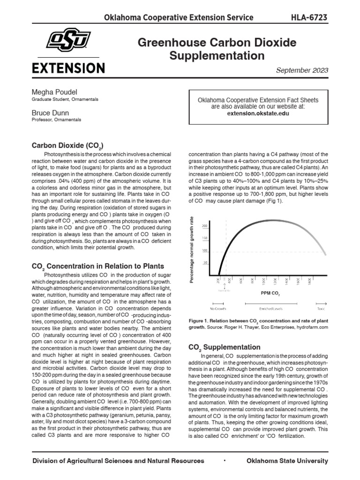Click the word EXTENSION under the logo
point(68,68)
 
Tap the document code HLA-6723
point(309,18)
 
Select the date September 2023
point(302,70)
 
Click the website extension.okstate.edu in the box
point(258,113)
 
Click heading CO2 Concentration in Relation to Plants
point(98,266)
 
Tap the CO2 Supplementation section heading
point(224,347)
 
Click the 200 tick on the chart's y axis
point(204,226)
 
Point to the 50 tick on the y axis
point(205,263)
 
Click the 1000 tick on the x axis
point(264,281)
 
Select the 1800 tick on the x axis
point(310,281)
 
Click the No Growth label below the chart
point(218,309)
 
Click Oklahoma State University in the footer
point(286,461)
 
